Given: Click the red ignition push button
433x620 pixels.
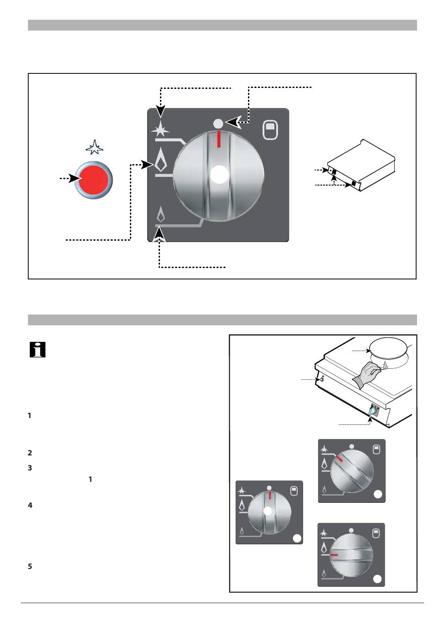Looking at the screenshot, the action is click(x=93, y=180).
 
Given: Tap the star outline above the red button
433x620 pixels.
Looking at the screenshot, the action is click(x=94, y=147).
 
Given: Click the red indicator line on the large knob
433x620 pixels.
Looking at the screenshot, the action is click(x=219, y=139).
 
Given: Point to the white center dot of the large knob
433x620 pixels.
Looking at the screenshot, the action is click(x=219, y=175).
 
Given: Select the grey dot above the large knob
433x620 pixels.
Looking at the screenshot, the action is click(x=218, y=123).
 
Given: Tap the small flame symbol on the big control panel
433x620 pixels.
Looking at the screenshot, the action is click(x=160, y=214).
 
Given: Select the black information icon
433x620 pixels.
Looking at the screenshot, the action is click(x=37, y=350).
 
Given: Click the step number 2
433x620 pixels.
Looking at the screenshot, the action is click(x=30, y=453).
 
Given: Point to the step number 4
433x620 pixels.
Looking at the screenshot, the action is click(x=30, y=505).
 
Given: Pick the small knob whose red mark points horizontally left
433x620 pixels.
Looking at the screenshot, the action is click(x=351, y=555).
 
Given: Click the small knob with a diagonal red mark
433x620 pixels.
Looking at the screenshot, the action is click(x=351, y=471).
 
